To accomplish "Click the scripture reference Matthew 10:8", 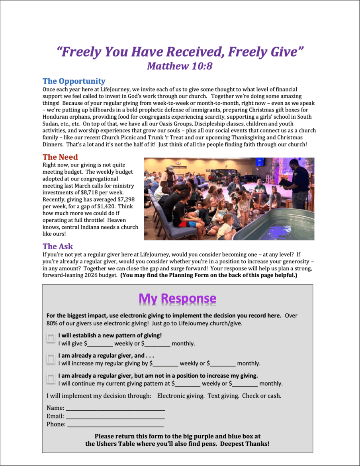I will pyautogui.click(x=180, y=66).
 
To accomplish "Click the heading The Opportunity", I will pyautogui.click(x=74, y=81).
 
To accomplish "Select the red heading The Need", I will pyautogui.click(x=60, y=157).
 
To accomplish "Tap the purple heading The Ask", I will pyautogui.click(x=58, y=246).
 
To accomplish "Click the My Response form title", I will pyautogui.click(x=177, y=298).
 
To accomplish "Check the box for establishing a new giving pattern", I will pyautogui.click(x=51, y=338).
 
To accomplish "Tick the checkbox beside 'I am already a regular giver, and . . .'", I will pyautogui.click(x=51, y=358).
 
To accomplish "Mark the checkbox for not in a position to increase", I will pyautogui.click(x=51, y=378).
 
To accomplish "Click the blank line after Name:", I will pyautogui.click(x=115, y=408).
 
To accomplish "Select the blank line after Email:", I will pyautogui.click(x=115, y=417).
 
